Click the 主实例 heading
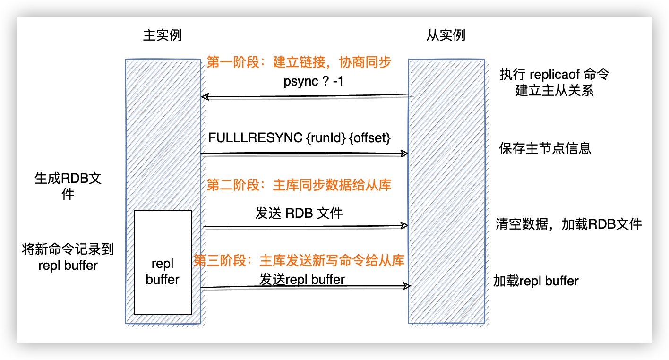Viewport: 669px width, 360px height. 162,35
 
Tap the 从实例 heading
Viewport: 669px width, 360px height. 446,35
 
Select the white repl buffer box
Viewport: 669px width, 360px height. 163,262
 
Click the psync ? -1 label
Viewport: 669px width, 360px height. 314,81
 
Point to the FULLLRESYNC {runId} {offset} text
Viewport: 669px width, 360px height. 300,139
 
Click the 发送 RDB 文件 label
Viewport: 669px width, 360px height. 299,213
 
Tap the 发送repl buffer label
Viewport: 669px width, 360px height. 302,279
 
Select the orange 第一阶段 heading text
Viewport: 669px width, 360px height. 299,63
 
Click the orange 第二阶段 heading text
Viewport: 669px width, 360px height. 299,185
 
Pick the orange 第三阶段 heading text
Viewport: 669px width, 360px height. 299,260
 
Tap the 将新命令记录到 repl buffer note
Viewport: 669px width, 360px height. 68,257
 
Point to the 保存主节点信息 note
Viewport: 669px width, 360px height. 545,149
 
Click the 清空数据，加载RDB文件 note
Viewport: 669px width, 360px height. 569,224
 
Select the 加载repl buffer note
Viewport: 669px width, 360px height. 536,282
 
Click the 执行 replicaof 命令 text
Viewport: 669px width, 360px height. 555,75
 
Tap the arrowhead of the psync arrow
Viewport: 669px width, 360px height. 204,97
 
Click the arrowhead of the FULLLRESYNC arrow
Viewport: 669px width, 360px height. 405,154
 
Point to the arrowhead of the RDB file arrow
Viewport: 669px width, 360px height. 405,225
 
